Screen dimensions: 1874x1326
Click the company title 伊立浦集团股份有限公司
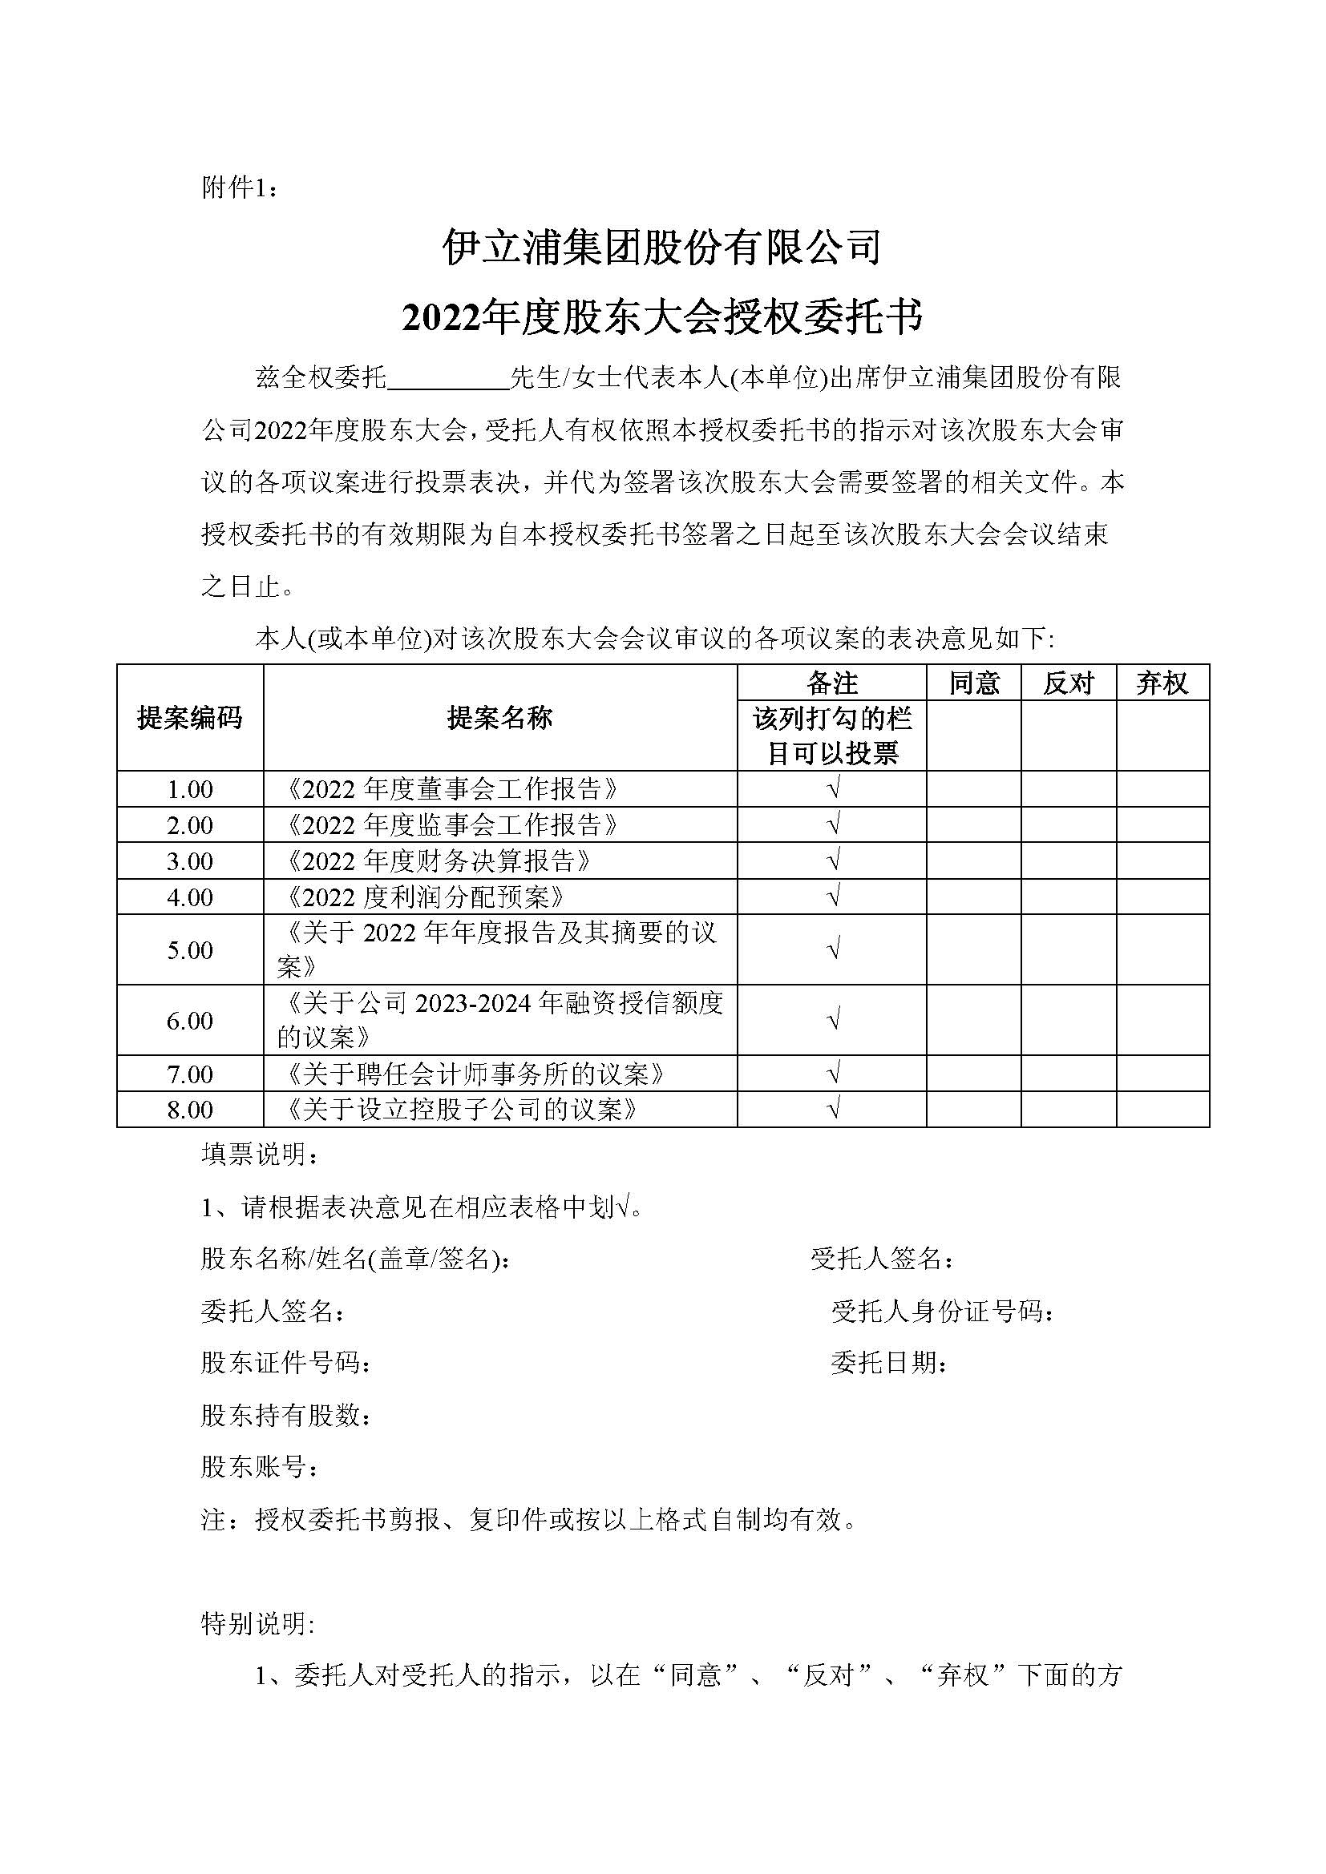pos(662,248)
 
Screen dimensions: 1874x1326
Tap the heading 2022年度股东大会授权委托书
pos(662,316)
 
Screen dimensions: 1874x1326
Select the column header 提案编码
pos(189,718)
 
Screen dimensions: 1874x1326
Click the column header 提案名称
pos(499,718)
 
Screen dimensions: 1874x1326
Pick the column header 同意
pos(973,683)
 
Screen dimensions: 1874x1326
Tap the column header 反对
pos(1068,683)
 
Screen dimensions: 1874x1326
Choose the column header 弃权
pos(1162,683)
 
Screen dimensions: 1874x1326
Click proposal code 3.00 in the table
pos(189,861)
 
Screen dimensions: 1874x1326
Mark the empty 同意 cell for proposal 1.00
pos(973,789)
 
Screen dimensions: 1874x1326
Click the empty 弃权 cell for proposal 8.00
pos(1162,1109)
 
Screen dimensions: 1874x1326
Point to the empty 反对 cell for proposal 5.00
pos(1068,949)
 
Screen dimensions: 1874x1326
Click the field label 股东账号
pos(260,1468)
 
